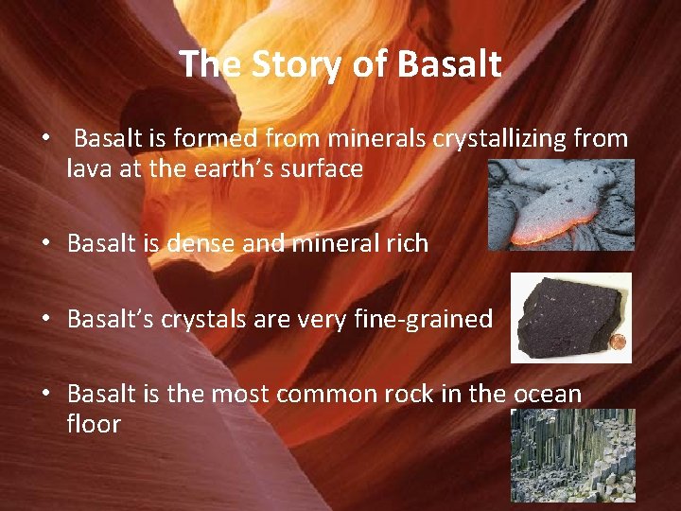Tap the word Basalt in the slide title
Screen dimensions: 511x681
pyautogui.click(x=449, y=64)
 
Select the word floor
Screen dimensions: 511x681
pyautogui.click(x=94, y=423)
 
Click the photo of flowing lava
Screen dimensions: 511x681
pyautogui.click(x=561, y=204)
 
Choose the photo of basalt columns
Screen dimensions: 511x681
pyautogui.click(x=572, y=455)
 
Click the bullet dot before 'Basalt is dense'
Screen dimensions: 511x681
pyautogui.click(x=45, y=243)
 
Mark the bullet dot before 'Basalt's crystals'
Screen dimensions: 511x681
pyautogui.click(x=45, y=319)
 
